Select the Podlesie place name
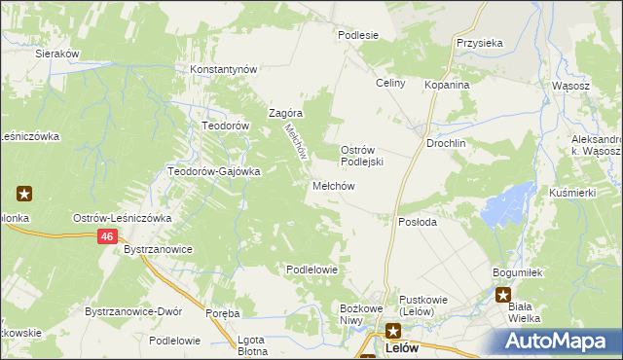click(357, 35)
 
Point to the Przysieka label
click(479, 43)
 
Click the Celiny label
click(390, 84)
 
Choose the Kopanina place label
click(447, 85)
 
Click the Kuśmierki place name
click(572, 193)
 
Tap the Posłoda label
click(418, 222)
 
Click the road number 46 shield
click(107, 237)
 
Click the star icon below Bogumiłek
click(503, 294)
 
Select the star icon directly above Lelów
click(392, 331)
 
